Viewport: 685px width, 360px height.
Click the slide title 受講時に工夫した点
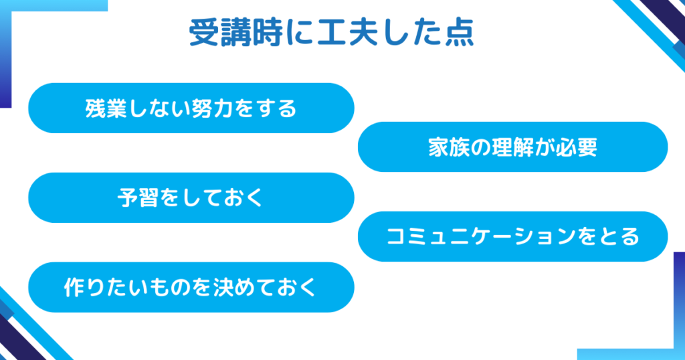332,33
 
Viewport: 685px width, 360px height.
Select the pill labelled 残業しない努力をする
191,108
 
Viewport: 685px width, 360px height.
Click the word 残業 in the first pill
106,108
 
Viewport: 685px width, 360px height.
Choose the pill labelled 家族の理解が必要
512,147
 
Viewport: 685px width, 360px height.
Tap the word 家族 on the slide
449,147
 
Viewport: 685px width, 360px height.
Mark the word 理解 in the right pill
513,147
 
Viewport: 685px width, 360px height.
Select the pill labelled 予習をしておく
191,197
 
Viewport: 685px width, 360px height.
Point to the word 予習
138,198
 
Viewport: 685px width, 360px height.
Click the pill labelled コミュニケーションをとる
512,236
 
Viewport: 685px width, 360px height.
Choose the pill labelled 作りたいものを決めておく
191,287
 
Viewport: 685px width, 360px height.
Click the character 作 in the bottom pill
74,288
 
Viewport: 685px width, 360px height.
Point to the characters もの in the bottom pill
170,288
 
